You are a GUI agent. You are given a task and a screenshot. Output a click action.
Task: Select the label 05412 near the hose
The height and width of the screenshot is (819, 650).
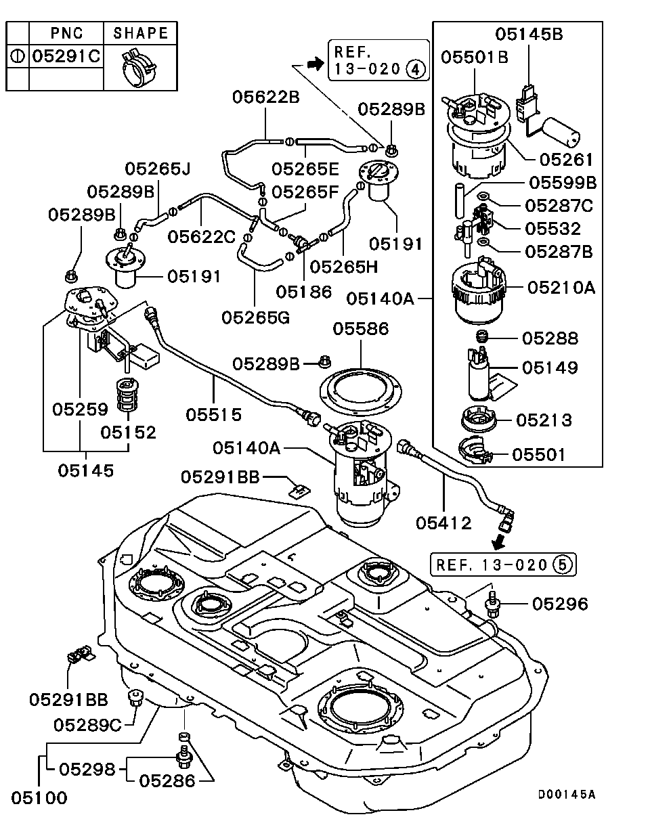[443, 523]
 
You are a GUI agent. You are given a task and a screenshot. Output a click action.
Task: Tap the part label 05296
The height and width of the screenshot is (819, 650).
[559, 604]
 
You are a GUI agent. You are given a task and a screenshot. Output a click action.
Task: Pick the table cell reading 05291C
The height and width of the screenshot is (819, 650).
[66, 56]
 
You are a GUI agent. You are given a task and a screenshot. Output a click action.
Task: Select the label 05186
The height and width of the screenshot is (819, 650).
[304, 292]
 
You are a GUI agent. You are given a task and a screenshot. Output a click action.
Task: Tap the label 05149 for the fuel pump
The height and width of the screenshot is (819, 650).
[550, 368]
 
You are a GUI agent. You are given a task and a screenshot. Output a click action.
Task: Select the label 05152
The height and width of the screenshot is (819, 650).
[129, 432]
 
